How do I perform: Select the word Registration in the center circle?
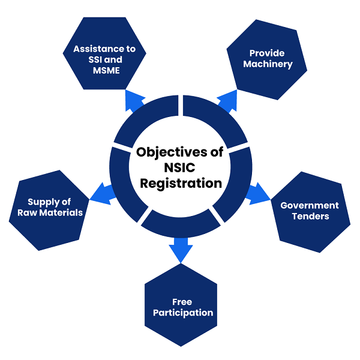[181, 184]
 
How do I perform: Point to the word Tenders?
[310, 216]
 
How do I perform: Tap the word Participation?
[182, 313]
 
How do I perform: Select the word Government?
[310, 205]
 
